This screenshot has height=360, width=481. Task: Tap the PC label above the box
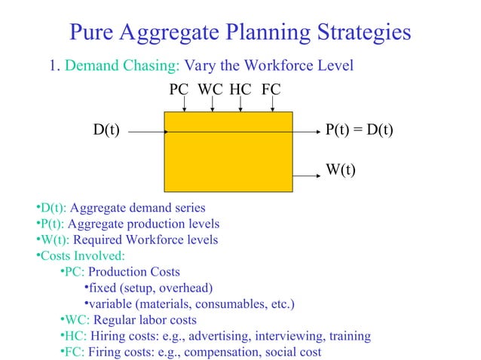click(x=179, y=90)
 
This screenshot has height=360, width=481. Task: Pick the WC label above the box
click(x=210, y=90)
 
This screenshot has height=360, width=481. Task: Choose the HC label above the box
click(x=240, y=90)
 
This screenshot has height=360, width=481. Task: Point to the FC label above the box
click(x=271, y=90)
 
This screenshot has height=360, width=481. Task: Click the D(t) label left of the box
click(x=106, y=130)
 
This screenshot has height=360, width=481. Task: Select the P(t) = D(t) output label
click(x=359, y=130)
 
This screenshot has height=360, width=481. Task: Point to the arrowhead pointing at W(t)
click(x=319, y=175)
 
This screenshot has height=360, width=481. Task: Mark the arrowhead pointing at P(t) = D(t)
click(x=319, y=131)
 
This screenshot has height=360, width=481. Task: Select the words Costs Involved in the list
click(x=78, y=256)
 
